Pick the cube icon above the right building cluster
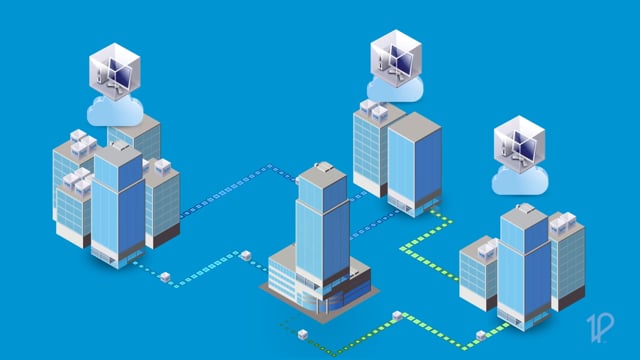pyautogui.click(x=519, y=146)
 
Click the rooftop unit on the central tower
pyautogui.click(x=322, y=169)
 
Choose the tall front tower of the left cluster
pyautogui.click(x=117, y=205)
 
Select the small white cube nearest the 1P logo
pyautogui.click(x=481, y=335)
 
